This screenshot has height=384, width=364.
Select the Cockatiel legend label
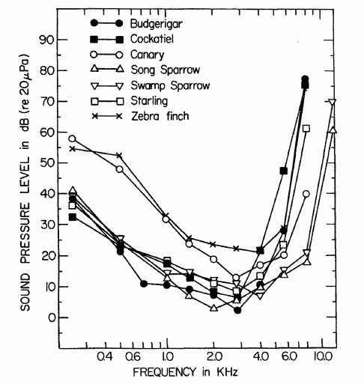(x=147, y=39)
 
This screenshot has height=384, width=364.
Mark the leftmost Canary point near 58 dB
(x=72, y=138)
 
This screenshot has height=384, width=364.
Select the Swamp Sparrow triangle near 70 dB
(x=333, y=103)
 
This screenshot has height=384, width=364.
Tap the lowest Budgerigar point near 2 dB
(x=237, y=310)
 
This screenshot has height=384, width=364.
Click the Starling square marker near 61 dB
(x=306, y=129)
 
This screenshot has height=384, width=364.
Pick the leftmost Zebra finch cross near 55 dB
(x=72, y=148)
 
